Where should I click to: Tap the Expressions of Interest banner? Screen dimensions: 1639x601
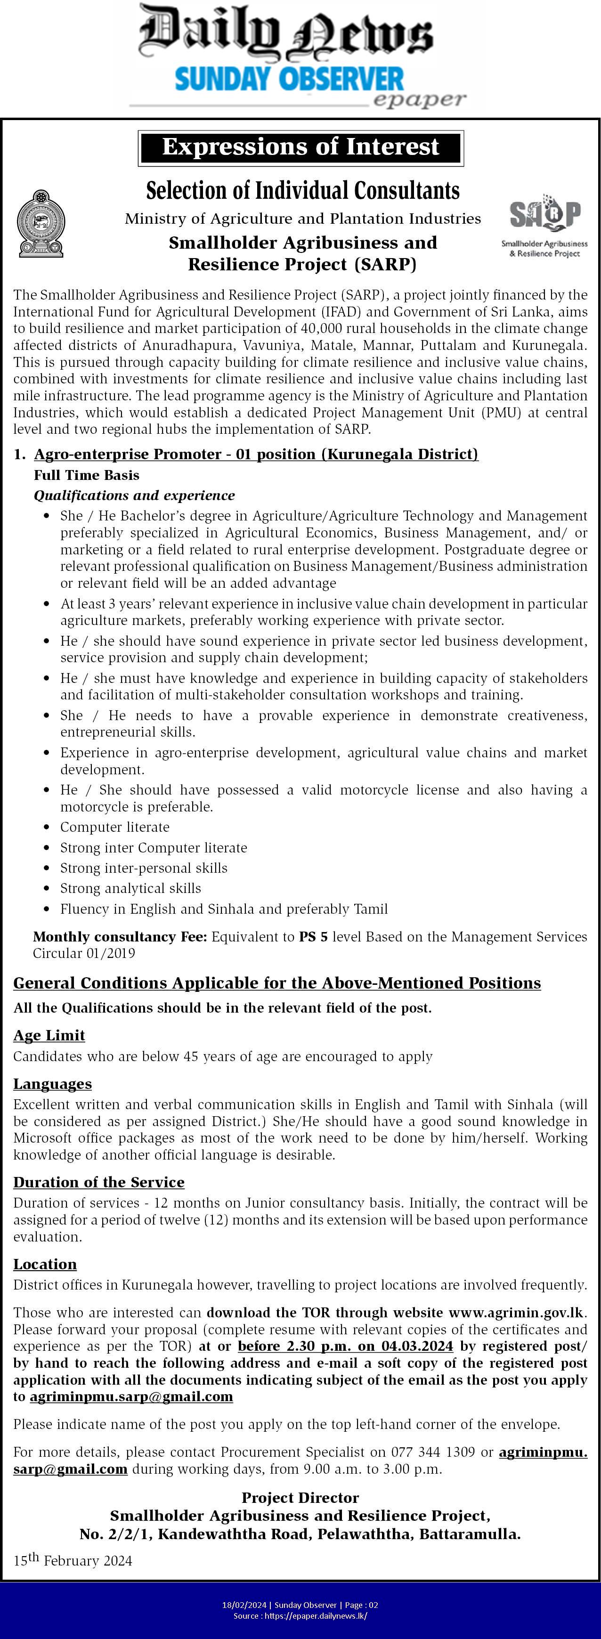[x=300, y=147]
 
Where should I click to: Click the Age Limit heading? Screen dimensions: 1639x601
[x=49, y=1036]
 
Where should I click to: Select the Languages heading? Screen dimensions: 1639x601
[x=52, y=1084]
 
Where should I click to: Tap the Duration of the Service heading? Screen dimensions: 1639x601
[x=98, y=1182]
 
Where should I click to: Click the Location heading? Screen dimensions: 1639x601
[x=45, y=1264]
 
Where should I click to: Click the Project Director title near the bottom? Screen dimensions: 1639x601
[x=300, y=1498]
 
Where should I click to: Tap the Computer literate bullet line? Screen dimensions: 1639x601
[x=114, y=827]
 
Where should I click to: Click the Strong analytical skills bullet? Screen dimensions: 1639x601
[x=130, y=888]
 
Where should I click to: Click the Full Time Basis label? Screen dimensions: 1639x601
[x=87, y=475]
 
